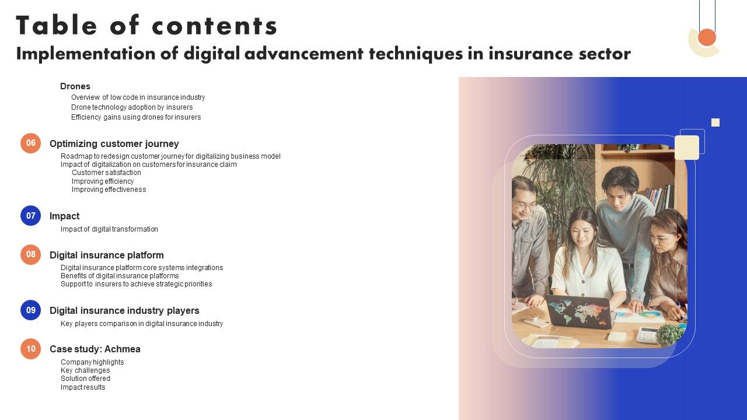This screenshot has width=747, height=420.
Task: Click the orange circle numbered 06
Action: tap(31, 143)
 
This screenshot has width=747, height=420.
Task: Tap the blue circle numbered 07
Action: tap(31, 215)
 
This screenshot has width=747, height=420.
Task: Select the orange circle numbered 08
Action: tap(31, 254)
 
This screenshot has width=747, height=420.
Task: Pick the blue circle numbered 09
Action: tap(31, 310)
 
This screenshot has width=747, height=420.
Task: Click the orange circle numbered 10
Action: tap(31, 349)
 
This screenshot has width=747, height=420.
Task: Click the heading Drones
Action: tap(75, 86)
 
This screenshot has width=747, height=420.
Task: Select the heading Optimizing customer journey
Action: tap(114, 143)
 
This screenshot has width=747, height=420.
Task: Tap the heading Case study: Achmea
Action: tap(95, 349)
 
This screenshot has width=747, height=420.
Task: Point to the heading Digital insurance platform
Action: tap(106, 255)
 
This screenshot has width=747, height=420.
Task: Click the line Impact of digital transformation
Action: tap(109, 229)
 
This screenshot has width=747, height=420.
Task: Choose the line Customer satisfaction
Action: tap(106, 173)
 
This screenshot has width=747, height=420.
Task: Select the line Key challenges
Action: tap(85, 370)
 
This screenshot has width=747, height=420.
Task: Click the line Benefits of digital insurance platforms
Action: tap(120, 276)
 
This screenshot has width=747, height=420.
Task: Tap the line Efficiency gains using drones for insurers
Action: tap(136, 117)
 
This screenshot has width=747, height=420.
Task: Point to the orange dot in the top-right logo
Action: tap(707, 37)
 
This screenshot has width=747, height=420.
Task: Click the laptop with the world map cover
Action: tap(578, 312)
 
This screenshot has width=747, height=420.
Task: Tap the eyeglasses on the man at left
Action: tap(525, 205)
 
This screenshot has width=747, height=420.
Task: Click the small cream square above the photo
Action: tap(715, 123)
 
